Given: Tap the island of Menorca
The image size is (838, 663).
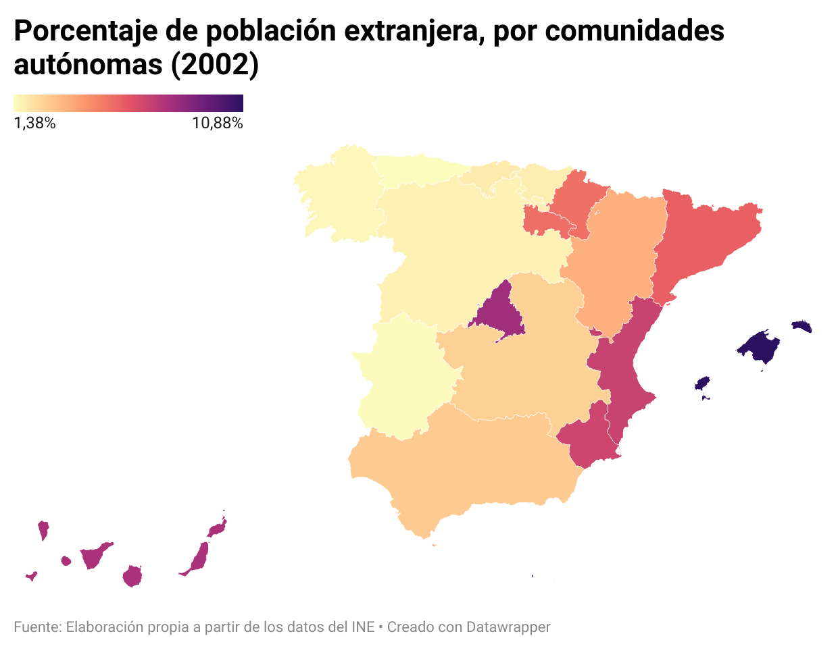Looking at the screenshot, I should (x=802, y=327).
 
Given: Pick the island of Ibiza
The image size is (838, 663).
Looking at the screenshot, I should (x=703, y=383).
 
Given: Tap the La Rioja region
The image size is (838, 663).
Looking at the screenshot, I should (x=544, y=221).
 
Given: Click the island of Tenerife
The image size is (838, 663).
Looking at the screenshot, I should (x=93, y=556).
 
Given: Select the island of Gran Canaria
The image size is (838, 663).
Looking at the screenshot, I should (x=132, y=577).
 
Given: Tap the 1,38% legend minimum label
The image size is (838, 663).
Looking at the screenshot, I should (x=34, y=124).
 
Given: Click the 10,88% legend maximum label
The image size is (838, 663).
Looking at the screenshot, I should (x=217, y=124).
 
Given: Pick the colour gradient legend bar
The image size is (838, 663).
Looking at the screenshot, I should (x=128, y=103).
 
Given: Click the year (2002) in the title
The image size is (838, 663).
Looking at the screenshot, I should (x=215, y=65).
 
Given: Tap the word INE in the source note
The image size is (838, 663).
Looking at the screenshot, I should (x=363, y=627).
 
